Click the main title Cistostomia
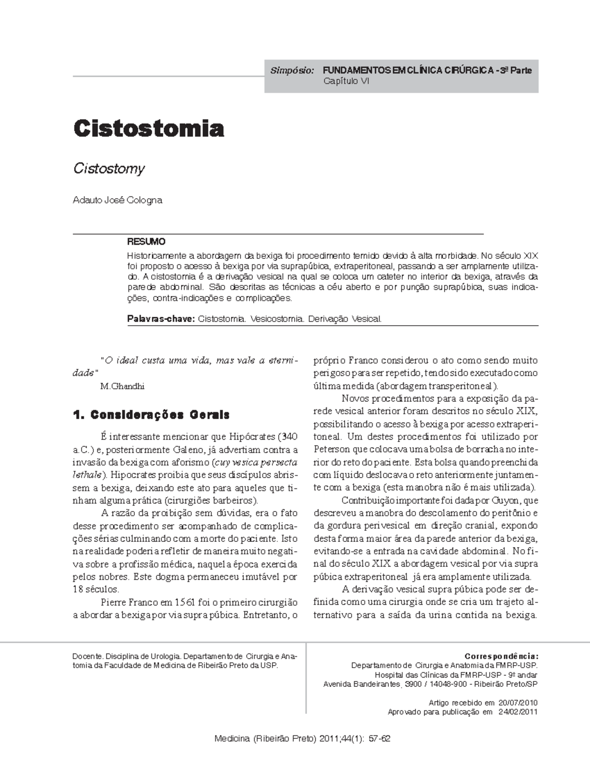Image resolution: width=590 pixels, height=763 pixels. pos(148,129)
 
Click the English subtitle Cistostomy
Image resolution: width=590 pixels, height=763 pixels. pos(109,169)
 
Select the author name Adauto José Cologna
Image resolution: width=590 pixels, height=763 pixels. pos(117,200)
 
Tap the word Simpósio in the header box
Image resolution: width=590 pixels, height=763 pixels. pos(292,70)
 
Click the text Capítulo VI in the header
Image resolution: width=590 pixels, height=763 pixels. pos(346,81)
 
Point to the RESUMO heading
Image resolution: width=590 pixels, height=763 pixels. pos(146,242)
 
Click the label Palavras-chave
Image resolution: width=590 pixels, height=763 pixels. pos(161,319)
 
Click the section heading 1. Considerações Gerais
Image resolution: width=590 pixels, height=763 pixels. pos(151,415)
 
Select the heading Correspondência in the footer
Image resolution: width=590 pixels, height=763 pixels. pos(501,656)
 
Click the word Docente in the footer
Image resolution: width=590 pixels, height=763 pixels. pos(88,656)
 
